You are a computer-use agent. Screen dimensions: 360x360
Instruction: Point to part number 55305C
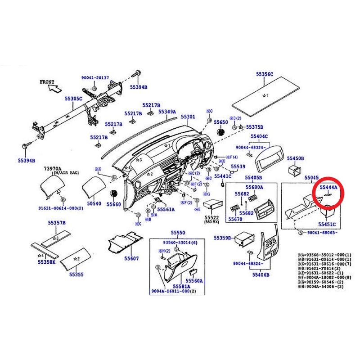point(73,98)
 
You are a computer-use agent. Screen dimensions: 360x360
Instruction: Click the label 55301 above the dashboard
point(188,117)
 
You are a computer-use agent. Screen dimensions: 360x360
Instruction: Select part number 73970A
point(53,168)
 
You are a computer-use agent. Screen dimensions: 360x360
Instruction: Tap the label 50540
point(94,204)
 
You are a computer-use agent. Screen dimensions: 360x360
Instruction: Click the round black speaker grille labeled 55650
point(221,132)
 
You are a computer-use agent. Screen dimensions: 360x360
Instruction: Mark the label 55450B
point(296,159)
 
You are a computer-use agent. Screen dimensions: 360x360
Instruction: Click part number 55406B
point(261,274)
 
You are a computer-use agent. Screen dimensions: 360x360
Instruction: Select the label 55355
point(76,274)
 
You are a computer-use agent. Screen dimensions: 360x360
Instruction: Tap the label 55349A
point(167,112)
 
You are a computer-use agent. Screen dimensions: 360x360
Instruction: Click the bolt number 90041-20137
point(95,78)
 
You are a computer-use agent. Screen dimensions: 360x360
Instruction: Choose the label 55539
point(238,167)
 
